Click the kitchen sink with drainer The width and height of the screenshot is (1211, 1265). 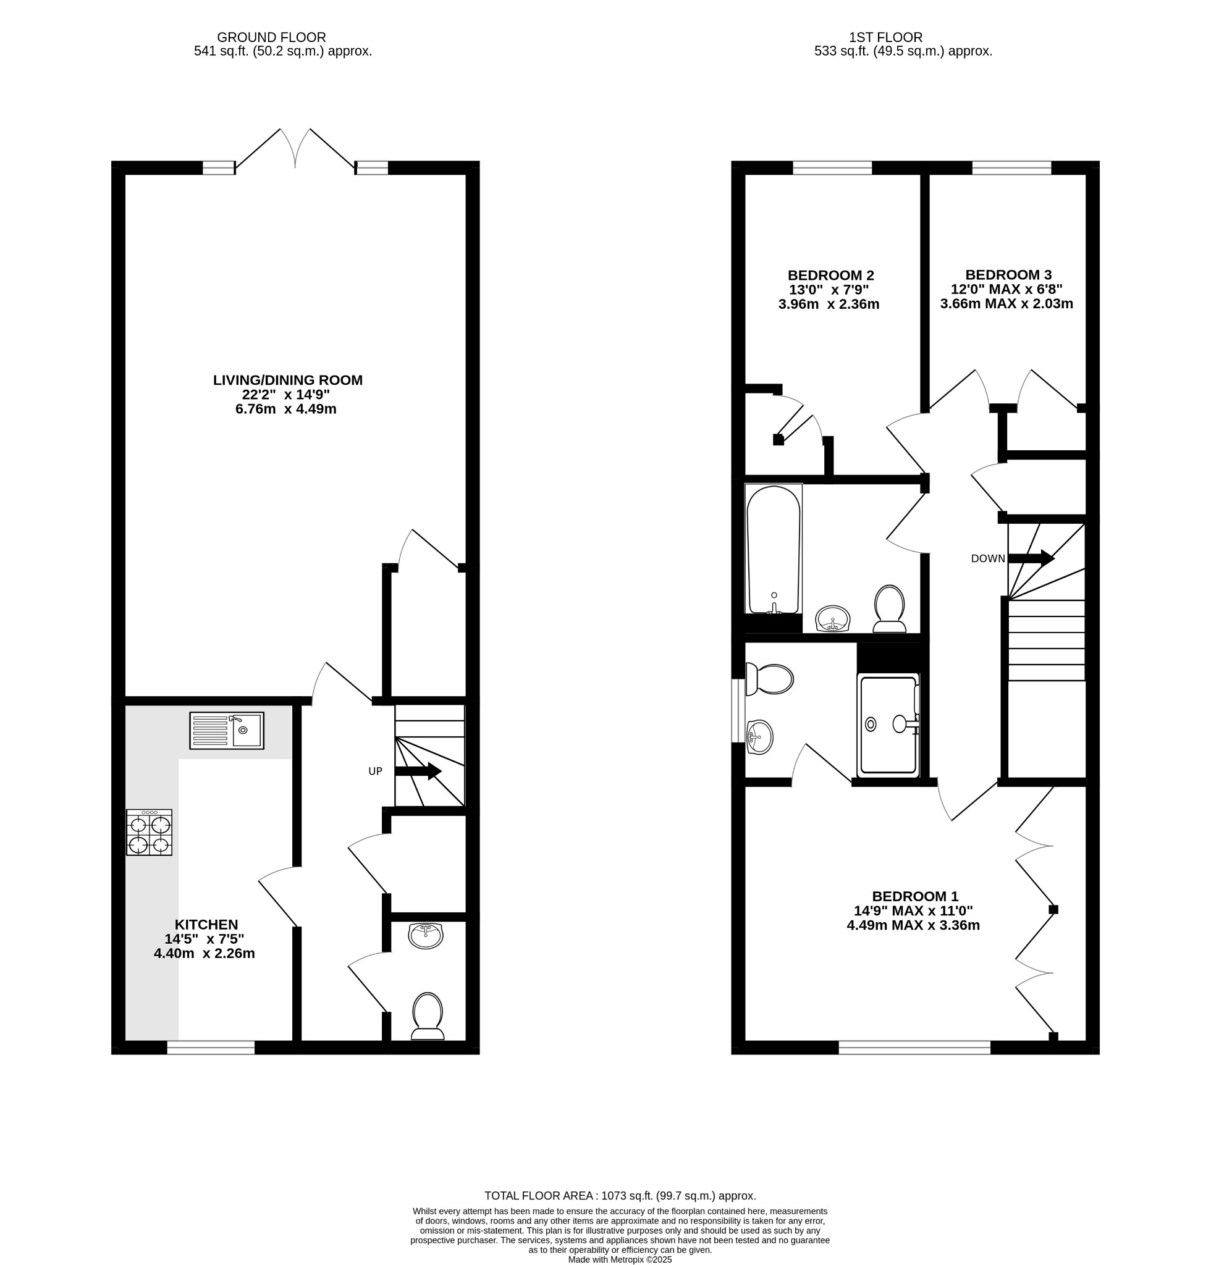coord(227,731)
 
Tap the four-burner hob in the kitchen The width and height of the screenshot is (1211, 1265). coord(149,833)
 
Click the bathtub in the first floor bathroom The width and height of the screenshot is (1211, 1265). coord(774,549)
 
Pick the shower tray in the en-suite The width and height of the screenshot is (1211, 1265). coord(888,725)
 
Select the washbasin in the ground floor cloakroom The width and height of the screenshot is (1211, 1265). coord(426,936)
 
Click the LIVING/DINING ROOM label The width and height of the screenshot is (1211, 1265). coord(288,380)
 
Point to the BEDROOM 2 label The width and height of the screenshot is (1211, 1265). coord(830,275)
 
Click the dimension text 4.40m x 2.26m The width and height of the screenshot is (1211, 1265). coord(204,953)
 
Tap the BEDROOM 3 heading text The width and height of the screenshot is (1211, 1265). coord(1008,275)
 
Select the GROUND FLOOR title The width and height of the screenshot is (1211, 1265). coord(271,38)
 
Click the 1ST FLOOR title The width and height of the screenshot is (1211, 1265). coord(885,38)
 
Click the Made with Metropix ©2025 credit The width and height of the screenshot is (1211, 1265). coord(620,1259)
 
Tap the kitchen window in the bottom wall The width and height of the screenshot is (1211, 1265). coord(211,1048)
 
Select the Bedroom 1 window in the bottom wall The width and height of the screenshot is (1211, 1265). coord(914,1048)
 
